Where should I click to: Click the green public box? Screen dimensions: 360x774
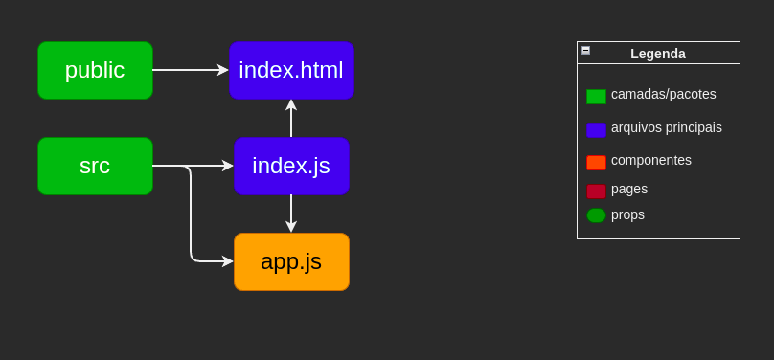[x=95, y=70]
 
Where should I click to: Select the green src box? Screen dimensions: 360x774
[x=95, y=166]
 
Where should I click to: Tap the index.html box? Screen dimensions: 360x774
[x=291, y=70]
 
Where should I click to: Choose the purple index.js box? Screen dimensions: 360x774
[x=291, y=166]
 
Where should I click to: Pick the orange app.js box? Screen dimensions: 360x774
[x=291, y=261]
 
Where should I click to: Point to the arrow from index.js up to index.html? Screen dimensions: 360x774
[x=291, y=119]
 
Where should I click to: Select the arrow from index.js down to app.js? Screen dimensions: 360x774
[x=291, y=213]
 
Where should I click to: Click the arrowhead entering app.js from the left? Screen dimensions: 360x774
[x=228, y=261]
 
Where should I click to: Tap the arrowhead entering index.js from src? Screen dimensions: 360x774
[x=228, y=166]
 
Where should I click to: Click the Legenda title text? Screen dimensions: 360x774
[x=658, y=54]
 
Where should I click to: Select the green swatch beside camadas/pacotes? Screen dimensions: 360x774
[x=596, y=97]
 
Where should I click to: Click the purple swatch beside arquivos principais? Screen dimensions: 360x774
[x=596, y=129]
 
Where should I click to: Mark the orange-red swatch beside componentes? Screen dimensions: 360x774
[x=596, y=163]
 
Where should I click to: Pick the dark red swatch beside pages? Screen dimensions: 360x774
[x=596, y=191]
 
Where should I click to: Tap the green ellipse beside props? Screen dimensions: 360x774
[x=596, y=215]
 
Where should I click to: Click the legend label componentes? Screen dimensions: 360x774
[x=651, y=160]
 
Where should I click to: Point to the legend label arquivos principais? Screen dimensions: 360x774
[x=667, y=127]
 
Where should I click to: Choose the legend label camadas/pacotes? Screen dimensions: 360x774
[x=664, y=94]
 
